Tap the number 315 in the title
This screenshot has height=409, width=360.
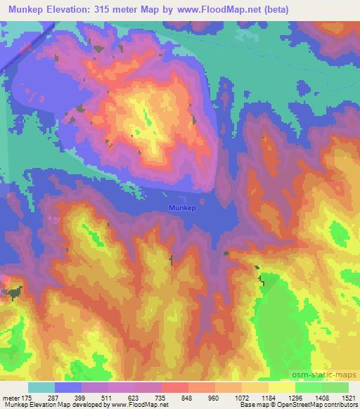pyautogui.click(x=115, y=10)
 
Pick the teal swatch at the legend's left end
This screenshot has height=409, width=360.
pyautogui.click(x=41, y=387)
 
